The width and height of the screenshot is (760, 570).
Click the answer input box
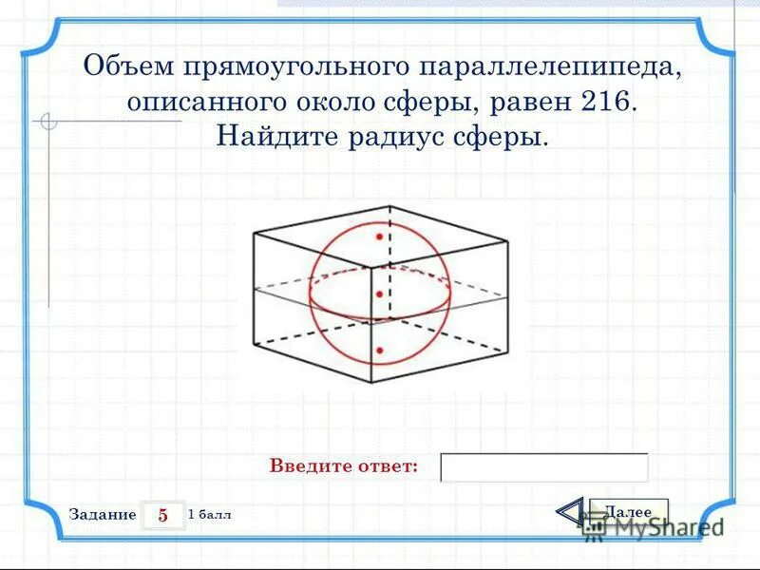point(544,467)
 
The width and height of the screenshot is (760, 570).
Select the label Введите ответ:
point(343,466)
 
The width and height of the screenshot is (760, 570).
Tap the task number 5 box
point(162,515)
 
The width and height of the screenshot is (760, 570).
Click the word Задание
point(103,514)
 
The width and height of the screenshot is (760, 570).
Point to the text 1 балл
point(210,514)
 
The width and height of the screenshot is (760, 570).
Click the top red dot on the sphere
point(379,235)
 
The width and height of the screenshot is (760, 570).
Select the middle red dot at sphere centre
point(379,294)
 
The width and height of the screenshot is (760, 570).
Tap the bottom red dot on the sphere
point(379,351)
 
